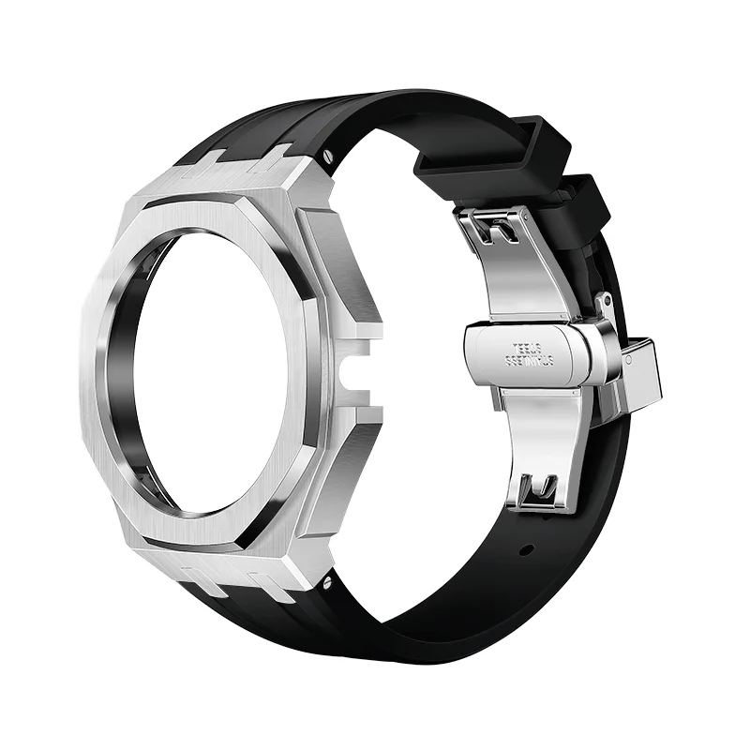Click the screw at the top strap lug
pyautogui.click(x=326, y=150)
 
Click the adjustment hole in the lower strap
pyautogui.click(x=527, y=549)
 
